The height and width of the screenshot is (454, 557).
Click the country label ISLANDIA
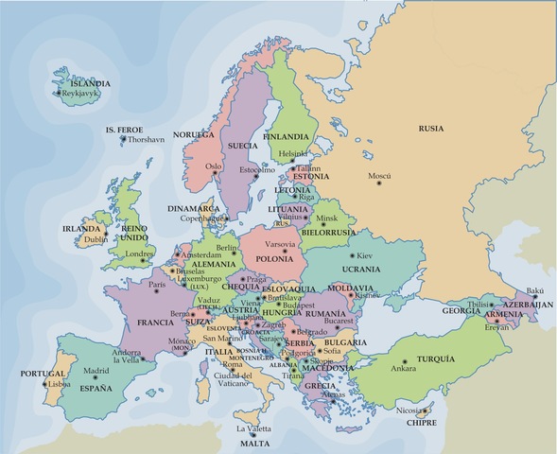point(84,83)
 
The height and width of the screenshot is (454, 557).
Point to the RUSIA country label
point(431,127)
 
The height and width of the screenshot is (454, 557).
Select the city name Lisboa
point(59,384)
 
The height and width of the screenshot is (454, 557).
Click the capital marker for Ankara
point(404,361)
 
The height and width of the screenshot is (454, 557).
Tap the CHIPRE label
point(423,423)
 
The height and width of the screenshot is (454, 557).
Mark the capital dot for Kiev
point(352,255)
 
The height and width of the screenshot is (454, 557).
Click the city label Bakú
point(535,292)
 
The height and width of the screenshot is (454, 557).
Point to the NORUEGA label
point(196,135)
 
